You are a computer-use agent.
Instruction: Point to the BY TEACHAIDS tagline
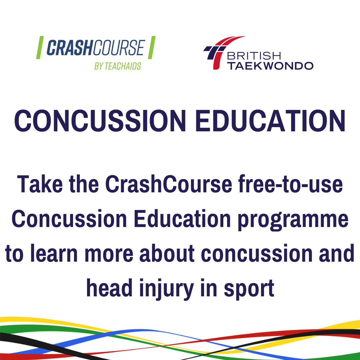(118, 66)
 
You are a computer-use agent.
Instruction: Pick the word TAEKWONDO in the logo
(270, 65)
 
